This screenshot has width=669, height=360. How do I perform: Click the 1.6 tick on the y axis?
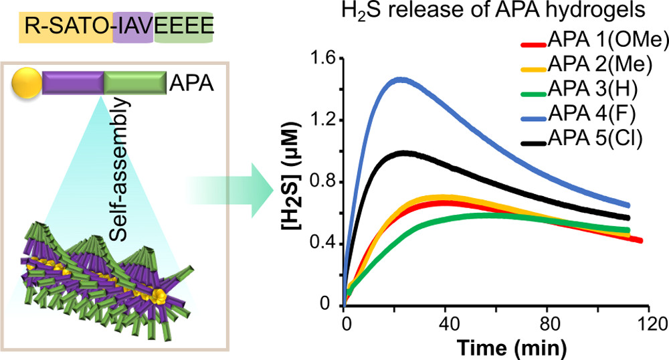(321, 59)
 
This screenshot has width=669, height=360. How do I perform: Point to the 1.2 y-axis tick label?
(321, 120)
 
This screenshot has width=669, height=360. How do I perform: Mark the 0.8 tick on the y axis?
(321, 182)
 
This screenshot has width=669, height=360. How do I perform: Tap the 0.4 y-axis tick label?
(321, 244)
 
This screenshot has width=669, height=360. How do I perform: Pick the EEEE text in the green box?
(184, 27)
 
